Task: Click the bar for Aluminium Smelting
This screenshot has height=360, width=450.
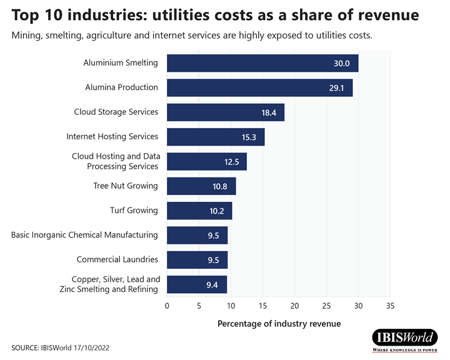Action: tap(262, 63)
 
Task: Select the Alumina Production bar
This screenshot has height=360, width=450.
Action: tap(259, 87)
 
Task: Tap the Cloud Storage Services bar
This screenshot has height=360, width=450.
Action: tap(226, 112)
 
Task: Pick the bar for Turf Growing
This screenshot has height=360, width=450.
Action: tap(199, 211)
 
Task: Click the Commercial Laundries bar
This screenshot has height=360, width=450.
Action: tap(197, 259)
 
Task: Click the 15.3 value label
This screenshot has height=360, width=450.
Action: tap(249, 137)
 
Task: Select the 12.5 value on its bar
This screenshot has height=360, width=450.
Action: tap(231, 161)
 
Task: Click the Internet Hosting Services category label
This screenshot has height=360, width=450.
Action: tap(112, 136)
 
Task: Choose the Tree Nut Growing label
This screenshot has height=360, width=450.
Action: tap(126, 186)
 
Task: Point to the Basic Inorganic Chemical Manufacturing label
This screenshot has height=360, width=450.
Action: tap(84, 235)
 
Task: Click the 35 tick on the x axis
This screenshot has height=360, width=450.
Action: tap(390, 306)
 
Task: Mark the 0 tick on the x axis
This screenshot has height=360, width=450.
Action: tap(167, 306)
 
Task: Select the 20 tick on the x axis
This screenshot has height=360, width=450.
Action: tap(294, 306)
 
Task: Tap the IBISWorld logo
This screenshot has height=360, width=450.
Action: tap(406, 338)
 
